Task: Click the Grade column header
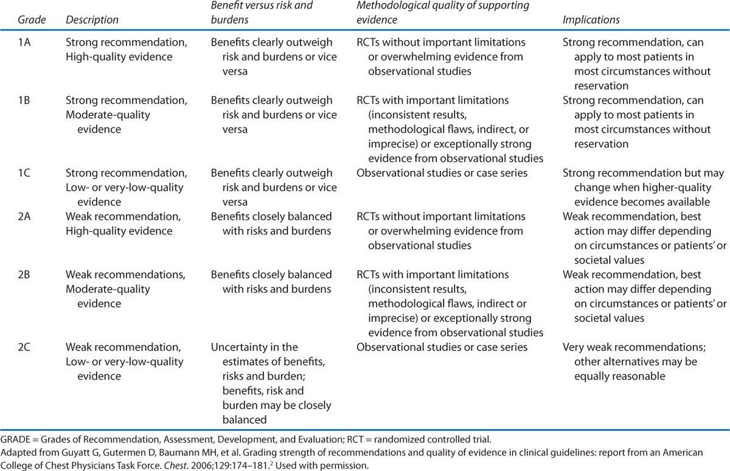coord(19,20)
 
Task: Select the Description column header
coord(92,20)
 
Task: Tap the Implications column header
coord(591,20)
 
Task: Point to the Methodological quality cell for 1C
coord(442,173)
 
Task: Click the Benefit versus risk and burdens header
coord(269,13)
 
